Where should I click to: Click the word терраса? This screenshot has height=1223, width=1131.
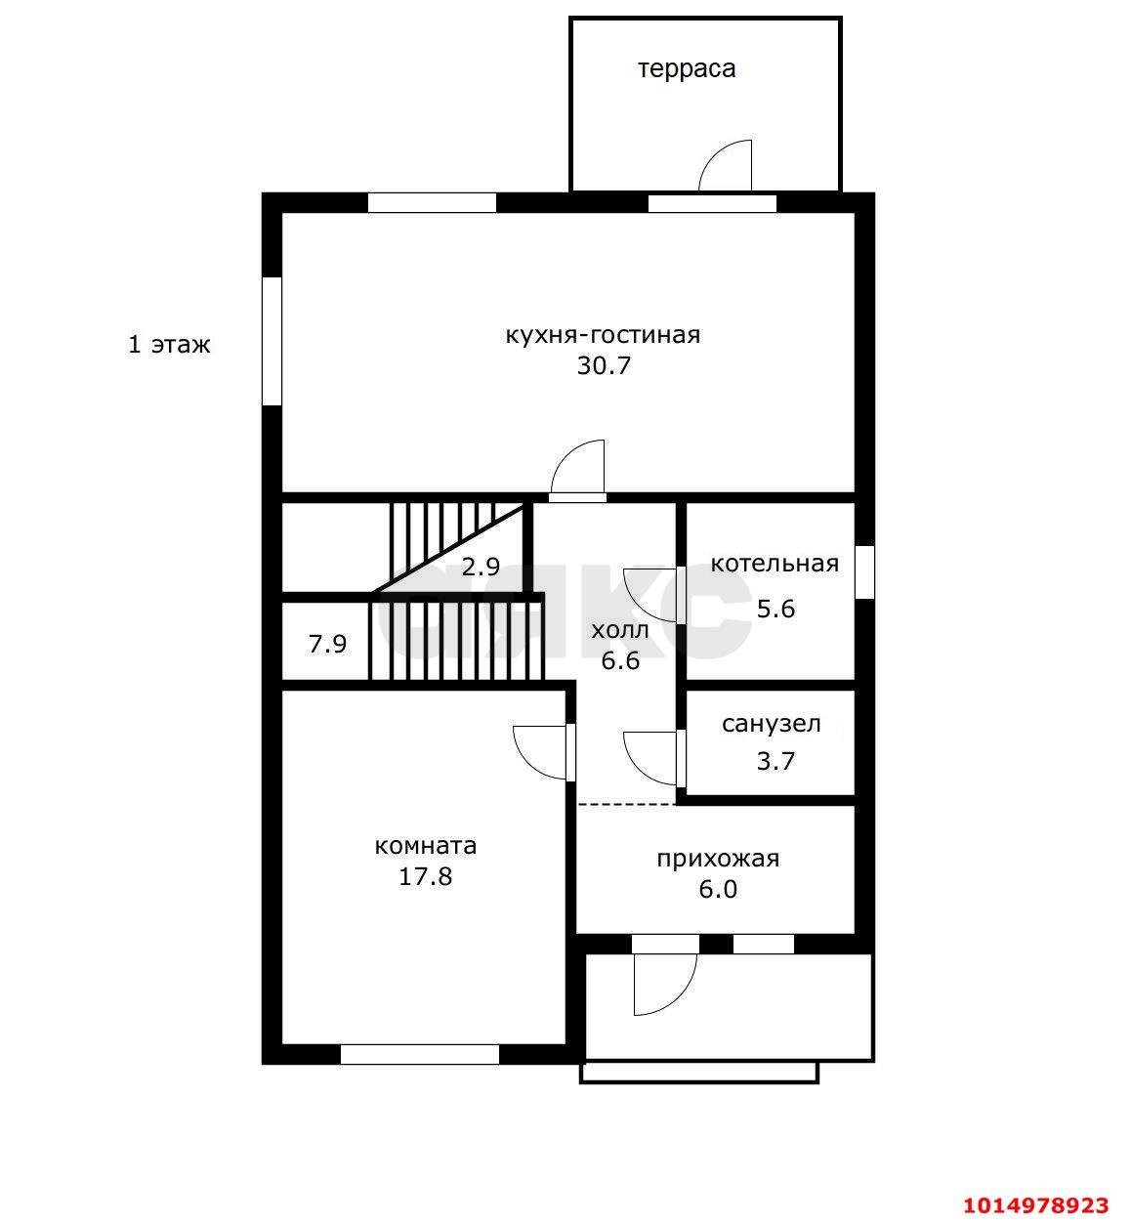point(687,69)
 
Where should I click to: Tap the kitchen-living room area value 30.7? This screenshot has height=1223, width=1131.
point(604,365)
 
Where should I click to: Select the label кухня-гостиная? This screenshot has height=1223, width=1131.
point(603,336)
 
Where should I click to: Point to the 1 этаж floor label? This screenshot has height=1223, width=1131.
point(169,344)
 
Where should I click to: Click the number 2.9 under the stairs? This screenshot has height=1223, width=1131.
point(481,567)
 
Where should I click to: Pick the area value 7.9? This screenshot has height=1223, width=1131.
point(327,644)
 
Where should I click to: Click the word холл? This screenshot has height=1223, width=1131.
point(620,631)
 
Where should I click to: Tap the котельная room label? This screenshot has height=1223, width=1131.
point(775,564)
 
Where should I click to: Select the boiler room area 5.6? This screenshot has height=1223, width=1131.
point(775,609)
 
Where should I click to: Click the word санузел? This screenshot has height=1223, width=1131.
point(772,724)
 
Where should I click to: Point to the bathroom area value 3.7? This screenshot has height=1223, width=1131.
point(775,761)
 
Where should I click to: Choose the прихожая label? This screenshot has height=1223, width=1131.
point(718,859)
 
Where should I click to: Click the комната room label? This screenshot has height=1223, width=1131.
point(426,846)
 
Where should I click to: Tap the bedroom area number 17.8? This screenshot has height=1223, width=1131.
point(425,877)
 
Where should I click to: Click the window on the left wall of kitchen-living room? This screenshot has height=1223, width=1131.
point(272,341)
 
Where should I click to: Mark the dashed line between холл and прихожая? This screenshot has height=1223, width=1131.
point(626,804)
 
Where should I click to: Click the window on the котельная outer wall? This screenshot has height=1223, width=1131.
point(865,571)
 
